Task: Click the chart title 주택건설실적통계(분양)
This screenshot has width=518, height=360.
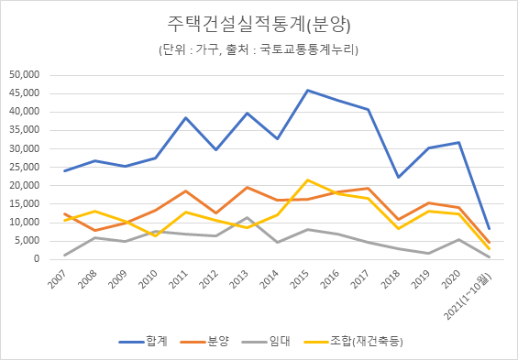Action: coord(259,22)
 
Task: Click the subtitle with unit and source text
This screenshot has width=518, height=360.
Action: coord(259,49)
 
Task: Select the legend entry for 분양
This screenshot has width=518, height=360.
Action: coord(214,342)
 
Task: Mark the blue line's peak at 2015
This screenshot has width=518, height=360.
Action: coord(307,90)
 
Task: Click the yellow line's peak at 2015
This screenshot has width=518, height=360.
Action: coord(307,180)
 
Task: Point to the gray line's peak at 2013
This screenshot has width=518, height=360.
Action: coord(247,218)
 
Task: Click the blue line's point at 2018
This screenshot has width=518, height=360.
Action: coord(399,177)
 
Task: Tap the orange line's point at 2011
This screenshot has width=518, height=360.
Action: coord(185,191)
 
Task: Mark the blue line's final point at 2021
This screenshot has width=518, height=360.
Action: coord(490,229)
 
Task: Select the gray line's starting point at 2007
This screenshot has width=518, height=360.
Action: coord(64,256)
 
